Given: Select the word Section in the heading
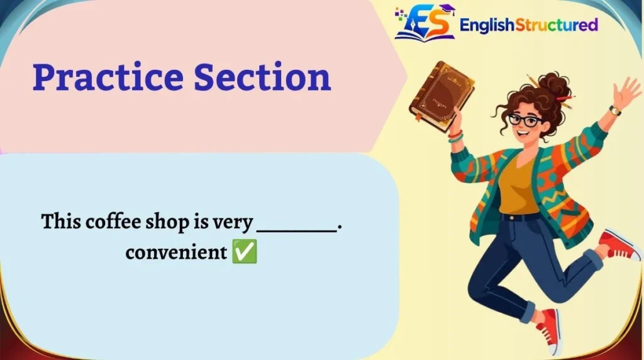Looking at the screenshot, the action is [x=262, y=77].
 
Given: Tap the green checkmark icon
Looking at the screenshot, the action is [x=245, y=252].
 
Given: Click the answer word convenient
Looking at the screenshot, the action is [x=176, y=252].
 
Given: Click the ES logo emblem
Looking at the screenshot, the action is [x=425, y=23].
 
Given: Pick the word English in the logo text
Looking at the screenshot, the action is [x=487, y=25].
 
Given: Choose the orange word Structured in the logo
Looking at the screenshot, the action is [x=557, y=25].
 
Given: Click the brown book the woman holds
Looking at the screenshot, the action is [x=442, y=96].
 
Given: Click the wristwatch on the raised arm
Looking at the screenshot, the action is [x=614, y=110].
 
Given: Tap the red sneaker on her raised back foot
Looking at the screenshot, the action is [x=619, y=245].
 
